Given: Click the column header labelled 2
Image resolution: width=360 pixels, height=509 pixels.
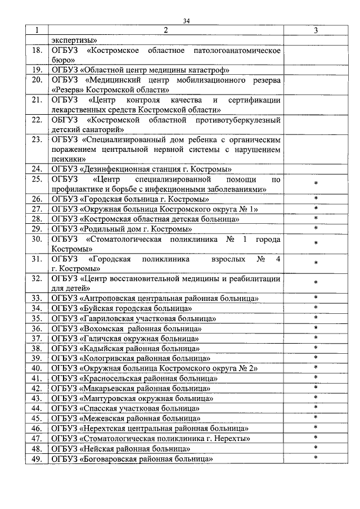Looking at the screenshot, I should pos(166,30).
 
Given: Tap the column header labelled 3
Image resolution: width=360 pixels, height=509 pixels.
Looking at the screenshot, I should pos(316,30).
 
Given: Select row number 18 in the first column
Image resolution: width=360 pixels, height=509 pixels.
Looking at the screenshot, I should pos(37,51).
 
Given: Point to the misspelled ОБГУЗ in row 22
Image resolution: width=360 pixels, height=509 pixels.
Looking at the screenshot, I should pos(63,120).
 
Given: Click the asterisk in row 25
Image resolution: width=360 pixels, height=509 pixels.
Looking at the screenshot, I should pos(316,184).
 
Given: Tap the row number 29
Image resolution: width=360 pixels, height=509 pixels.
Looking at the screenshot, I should pos(37,229).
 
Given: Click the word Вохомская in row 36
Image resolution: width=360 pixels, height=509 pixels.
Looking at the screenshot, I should pos(102,328).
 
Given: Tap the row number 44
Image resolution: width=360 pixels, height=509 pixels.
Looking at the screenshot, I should pos(37,408).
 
